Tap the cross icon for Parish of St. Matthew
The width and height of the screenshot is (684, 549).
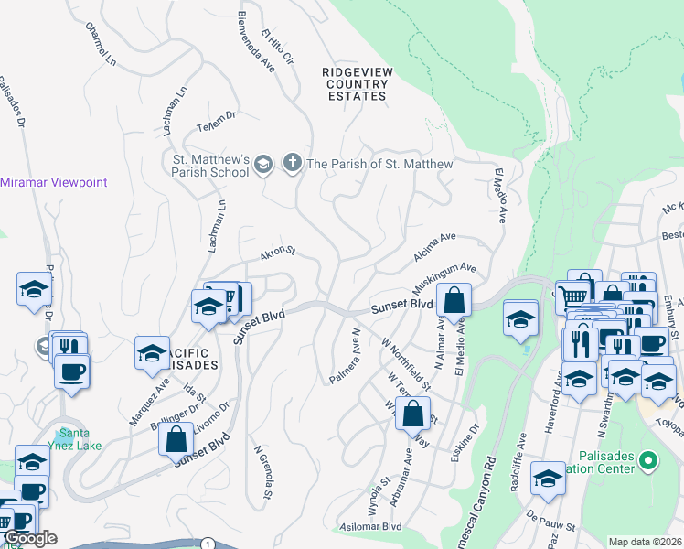[292, 164]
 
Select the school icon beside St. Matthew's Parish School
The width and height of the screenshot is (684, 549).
[263, 165]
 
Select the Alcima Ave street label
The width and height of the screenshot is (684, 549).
[434, 242]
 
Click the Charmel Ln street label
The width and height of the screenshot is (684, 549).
[102, 42]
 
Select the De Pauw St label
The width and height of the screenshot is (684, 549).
[550, 528]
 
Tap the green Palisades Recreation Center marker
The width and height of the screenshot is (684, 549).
[648, 460]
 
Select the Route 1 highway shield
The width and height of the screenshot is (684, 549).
[208, 544]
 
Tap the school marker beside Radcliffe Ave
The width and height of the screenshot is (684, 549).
[548, 479]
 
